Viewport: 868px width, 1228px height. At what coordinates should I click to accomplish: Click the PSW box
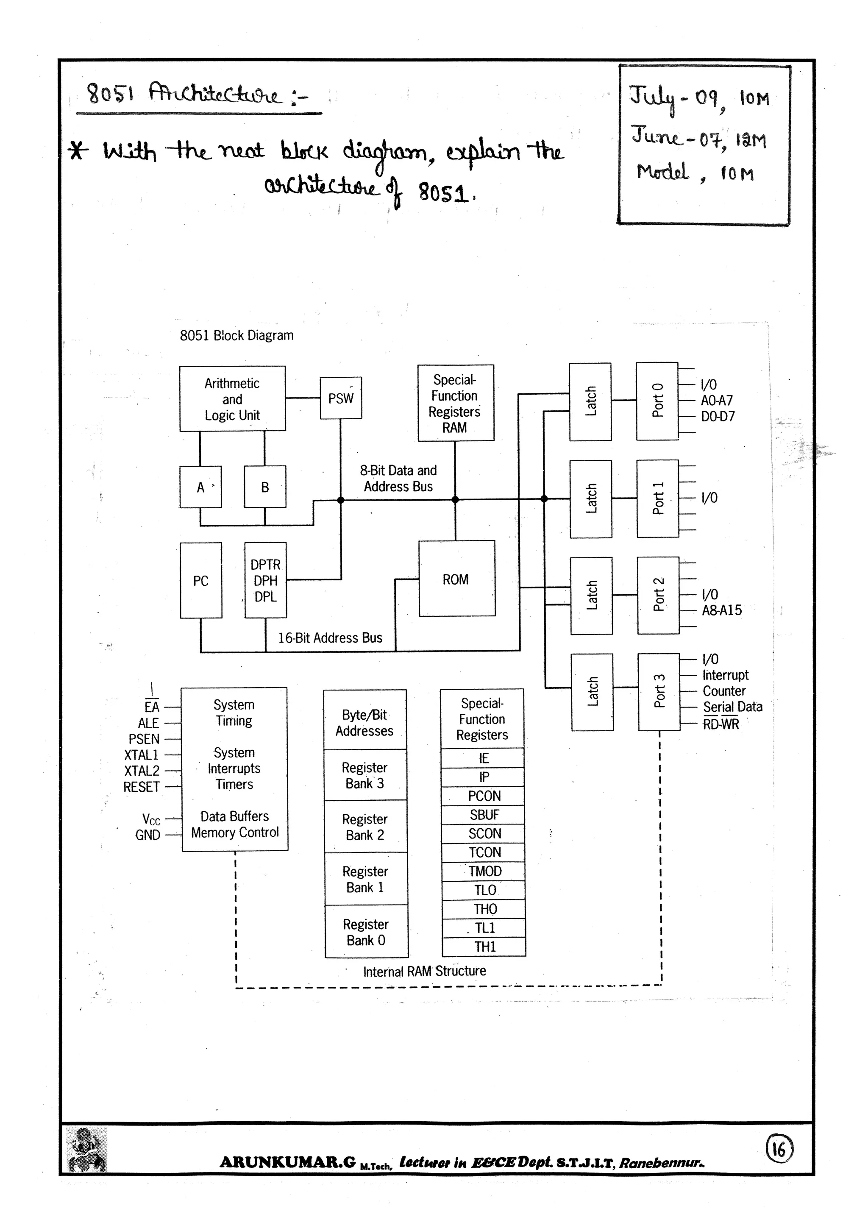click(341, 398)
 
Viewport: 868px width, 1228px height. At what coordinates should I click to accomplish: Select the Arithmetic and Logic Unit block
click(232, 399)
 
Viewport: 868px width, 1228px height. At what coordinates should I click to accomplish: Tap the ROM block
click(456, 579)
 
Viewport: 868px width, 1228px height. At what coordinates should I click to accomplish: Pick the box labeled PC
click(200, 580)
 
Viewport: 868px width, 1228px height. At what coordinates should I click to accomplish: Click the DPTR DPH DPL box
click(265, 580)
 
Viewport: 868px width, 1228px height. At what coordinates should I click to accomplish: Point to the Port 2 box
click(658, 595)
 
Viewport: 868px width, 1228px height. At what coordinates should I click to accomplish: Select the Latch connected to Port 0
click(590, 402)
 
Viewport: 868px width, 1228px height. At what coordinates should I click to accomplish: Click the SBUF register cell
click(484, 815)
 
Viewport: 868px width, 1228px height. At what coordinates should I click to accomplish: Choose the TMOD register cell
click(484, 871)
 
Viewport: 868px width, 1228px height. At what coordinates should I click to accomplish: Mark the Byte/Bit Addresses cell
click(365, 723)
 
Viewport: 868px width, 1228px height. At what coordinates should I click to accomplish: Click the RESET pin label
click(141, 787)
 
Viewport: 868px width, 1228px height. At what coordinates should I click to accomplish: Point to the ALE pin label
click(148, 723)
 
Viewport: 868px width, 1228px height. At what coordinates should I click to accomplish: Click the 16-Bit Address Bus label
click(330, 638)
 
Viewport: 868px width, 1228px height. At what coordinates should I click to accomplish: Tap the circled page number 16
click(780, 1149)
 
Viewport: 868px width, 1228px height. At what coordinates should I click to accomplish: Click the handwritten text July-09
click(676, 98)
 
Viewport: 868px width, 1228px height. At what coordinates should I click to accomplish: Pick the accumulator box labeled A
click(200, 487)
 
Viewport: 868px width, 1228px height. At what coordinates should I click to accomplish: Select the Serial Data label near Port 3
click(732, 707)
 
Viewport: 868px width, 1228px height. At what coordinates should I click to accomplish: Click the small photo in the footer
click(86, 1150)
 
